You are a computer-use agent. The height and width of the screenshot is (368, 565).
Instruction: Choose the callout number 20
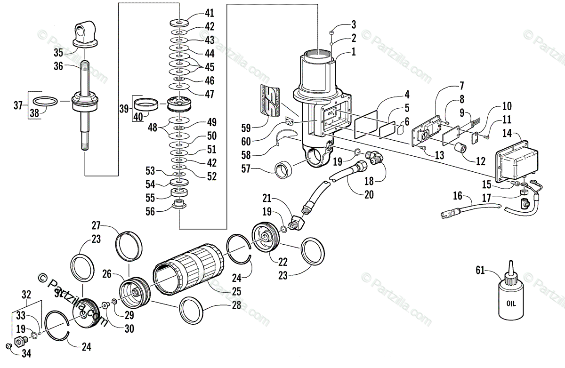tap(369, 194)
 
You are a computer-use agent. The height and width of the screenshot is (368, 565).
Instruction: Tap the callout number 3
tap(354, 24)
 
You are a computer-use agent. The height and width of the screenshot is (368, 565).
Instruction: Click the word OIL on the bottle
tap(510, 304)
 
